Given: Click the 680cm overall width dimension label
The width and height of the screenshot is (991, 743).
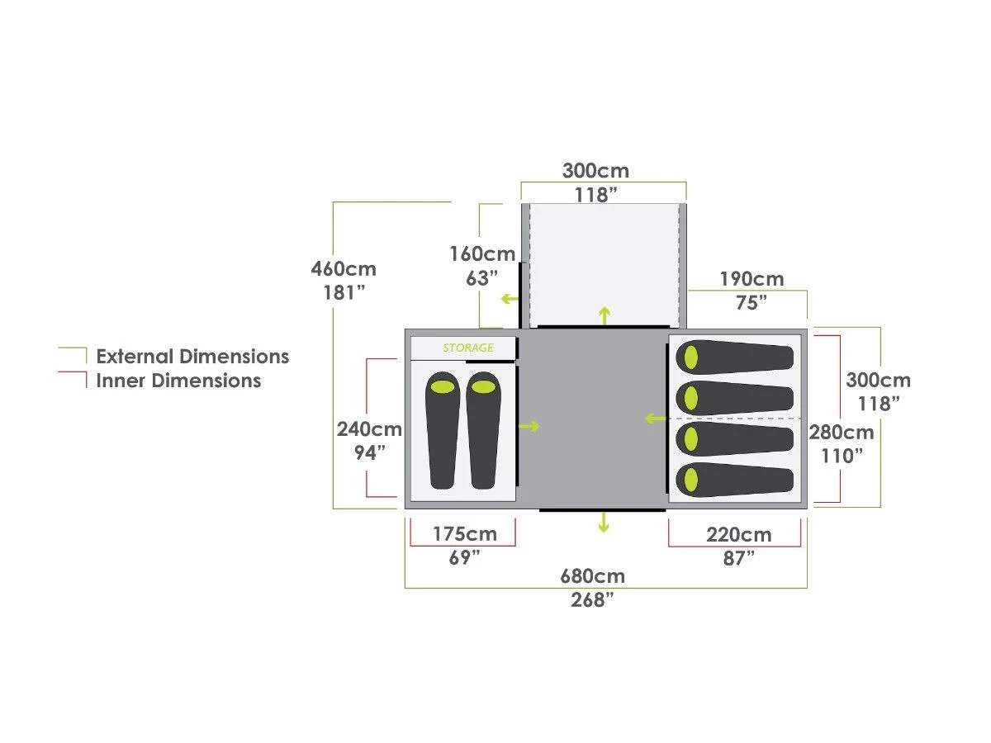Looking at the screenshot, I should [x=592, y=576].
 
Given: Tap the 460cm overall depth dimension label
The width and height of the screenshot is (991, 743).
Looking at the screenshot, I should [x=344, y=269].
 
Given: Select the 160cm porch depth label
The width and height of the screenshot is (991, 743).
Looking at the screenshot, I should [x=482, y=254].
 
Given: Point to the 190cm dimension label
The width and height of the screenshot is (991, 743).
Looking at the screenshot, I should [x=752, y=279].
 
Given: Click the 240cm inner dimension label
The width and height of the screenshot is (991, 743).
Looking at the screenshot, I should [x=369, y=429].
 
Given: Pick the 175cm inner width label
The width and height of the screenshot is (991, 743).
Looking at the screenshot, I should [x=465, y=534].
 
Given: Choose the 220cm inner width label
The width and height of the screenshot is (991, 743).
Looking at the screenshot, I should [x=739, y=535].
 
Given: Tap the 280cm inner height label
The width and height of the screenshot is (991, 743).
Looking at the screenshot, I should [x=841, y=433].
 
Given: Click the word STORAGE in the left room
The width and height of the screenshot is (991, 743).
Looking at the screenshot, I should [x=468, y=348].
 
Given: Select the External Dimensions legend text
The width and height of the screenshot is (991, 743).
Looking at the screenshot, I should [x=192, y=357].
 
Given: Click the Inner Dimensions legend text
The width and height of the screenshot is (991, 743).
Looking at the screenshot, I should [x=178, y=381].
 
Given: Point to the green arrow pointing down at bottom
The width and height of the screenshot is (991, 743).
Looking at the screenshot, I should [x=604, y=522].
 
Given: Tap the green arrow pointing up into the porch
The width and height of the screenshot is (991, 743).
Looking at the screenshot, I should [x=605, y=315].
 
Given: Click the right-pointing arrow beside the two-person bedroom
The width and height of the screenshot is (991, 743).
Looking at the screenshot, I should [x=529, y=426].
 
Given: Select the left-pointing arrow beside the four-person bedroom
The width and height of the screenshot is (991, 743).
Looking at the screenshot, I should [x=655, y=419].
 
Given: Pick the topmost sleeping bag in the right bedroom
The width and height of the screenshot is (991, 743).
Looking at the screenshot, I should [x=734, y=357].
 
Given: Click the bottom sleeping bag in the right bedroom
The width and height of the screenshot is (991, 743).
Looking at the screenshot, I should [x=734, y=480].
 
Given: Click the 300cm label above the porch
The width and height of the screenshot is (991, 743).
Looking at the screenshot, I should [x=595, y=172].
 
